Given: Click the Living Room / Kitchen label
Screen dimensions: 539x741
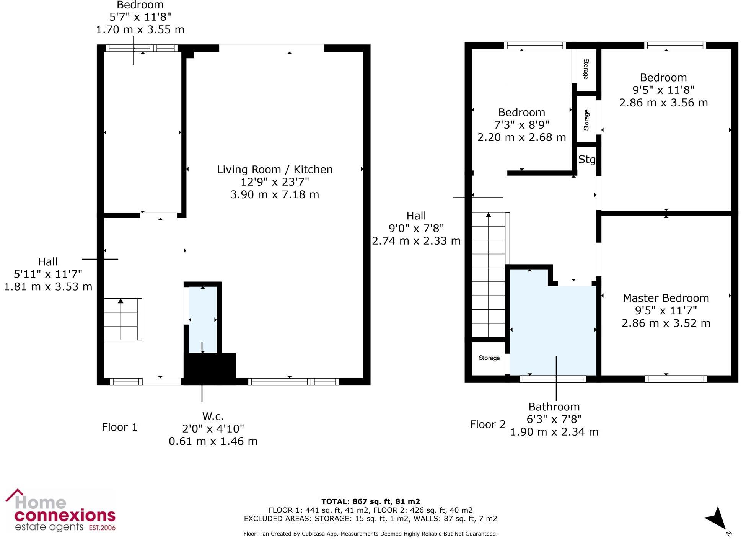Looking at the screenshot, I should (x=275, y=170).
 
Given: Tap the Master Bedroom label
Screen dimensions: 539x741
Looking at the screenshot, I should (x=666, y=298).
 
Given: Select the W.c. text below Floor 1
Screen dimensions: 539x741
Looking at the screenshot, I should (x=213, y=416).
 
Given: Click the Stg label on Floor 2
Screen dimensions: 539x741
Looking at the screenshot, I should (x=586, y=159).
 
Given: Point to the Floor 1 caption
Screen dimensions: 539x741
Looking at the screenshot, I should (x=119, y=427).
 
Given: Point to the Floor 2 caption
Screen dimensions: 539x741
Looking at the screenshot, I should (x=487, y=425).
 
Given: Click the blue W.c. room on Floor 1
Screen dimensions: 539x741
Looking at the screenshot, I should (x=203, y=320).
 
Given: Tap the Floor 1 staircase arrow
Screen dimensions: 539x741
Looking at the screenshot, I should (x=121, y=302).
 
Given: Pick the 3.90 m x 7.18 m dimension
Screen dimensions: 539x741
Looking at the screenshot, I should (x=275, y=194).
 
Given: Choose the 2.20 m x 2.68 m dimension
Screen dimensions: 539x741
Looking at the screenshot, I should (x=521, y=137).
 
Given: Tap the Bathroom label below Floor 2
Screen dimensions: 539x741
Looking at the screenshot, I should (x=554, y=407).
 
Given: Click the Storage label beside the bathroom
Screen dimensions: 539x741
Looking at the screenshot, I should (x=489, y=358).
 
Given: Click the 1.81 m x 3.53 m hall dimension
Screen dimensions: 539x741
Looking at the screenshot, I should (x=48, y=287).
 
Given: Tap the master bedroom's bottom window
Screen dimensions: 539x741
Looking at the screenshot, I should (x=676, y=379).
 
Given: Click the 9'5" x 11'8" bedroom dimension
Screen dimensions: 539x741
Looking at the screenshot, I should (x=663, y=90).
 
